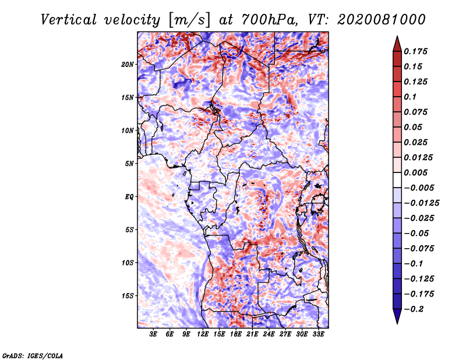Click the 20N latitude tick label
click(128, 64)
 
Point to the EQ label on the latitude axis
click(129, 197)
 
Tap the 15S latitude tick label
click(128, 296)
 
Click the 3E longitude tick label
click(153, 335)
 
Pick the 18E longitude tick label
click(236, 335)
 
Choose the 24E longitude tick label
click(269, 335)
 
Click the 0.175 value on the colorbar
click(416, 51)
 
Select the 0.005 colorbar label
click(416, 172)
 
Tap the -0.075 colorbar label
click(419, 248)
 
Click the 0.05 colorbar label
click(414, 127)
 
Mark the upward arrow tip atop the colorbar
click(396, 37)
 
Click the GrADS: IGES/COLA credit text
click(33, 355)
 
